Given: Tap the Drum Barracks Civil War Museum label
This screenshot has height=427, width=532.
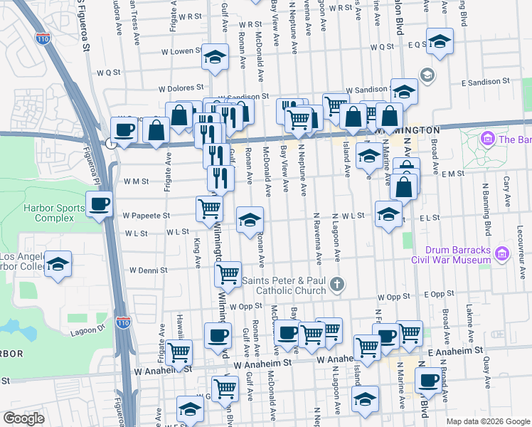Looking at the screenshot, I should click(458, 254).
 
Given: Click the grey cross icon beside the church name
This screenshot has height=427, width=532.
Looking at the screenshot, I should click(339, 285).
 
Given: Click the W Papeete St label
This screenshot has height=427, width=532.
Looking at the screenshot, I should click(146, 215).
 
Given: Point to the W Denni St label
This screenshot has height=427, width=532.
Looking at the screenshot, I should click(147, 270).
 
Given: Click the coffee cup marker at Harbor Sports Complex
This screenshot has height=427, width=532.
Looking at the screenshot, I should click(99, 205).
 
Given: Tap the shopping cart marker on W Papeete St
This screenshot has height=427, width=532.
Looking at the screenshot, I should click(210, 209).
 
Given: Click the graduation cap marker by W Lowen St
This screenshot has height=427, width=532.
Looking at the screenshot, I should click(214, 57).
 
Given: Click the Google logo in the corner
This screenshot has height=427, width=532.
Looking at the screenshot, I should click(23, 418).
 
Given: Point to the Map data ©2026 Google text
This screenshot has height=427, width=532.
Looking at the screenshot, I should click(487, 421).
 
